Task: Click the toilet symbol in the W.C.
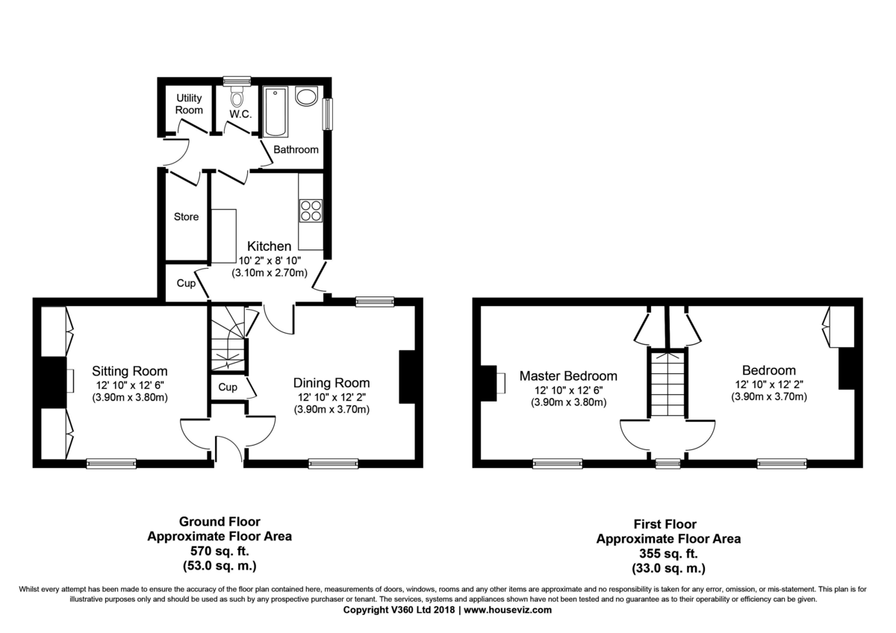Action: (237, 96)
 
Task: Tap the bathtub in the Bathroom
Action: (276, 112)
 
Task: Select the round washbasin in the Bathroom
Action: (306, 96)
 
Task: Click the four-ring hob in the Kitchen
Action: (311, 211)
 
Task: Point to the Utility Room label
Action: (189, 104)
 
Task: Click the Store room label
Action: (186, 216)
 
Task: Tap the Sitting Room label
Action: (130, 371)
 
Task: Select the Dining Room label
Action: (332, 383)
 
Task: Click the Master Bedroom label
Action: (568, 376)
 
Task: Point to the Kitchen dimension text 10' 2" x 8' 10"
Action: (270, 261)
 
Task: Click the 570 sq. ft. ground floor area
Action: (220, 551)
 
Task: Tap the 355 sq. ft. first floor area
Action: (668, 553)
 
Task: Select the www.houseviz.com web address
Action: (508, 610)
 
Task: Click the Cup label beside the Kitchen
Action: (186, 283)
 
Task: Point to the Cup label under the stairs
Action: (228, 387)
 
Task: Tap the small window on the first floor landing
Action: (668, 464)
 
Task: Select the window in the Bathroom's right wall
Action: (328, 114)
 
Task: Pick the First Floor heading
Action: (665, 524)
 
